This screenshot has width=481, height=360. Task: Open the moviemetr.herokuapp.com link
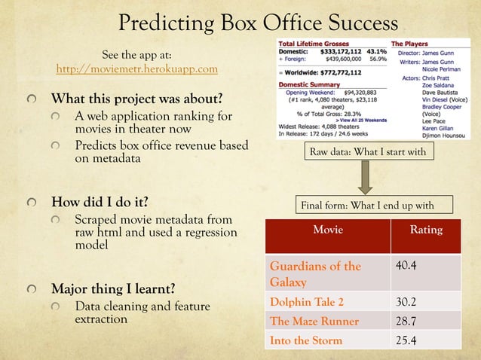pyautogui.click(x=137, y=69)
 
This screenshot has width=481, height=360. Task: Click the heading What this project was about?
pyautogui.click(x=136, y=99)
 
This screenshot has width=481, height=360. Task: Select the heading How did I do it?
pyautogui.click(x=99, y=202)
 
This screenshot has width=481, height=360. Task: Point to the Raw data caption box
pyautogui.click(x=368, y=153)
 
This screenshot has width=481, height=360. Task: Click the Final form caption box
pyautogui.click(x=366, y=205)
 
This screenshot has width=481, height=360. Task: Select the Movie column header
pyautogui.click(x=328, y=230)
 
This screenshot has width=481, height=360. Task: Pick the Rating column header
pyautogui.click(x=426, y=230)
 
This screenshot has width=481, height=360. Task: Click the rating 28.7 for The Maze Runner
pyautogui.click(x=408, y=322)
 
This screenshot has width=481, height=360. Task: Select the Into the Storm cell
pyautogui.click(x=306, y=340)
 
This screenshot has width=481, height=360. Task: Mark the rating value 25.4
pyautogui.click(x=408, y=340)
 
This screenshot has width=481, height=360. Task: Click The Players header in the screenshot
pyautogui.click(x=411, y=43)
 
